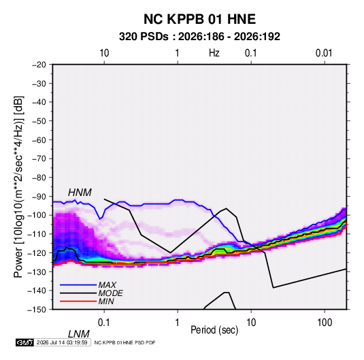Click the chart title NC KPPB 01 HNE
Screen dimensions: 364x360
[x=199, y=19]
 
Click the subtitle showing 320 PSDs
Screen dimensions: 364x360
[x=199, y=37]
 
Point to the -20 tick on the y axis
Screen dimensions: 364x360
[x=39, y=65]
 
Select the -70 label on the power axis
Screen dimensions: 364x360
[x=39, y=159]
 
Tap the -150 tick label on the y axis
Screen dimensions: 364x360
[x=37, y=310]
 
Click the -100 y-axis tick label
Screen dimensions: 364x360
[x=37, y=215]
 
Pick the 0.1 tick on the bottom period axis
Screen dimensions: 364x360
[x=103, y=323]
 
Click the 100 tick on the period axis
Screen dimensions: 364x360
[x=325, y=323]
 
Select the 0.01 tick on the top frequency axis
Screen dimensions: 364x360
[x=324, y=53]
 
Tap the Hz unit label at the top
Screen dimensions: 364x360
[x=214, y=53]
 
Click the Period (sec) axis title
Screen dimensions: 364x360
[x=214, y=330]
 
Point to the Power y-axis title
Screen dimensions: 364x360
[x=18, y=187]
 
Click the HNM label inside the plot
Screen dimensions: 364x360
[x=80, y=193]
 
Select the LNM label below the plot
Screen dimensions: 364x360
[x=79, y=334]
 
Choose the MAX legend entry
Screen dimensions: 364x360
[x=107, y=285]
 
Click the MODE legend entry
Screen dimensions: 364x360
[x=110, y=293]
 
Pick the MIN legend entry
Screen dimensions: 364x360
[x=106, y=301]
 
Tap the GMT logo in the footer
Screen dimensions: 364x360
[x=24, y=342]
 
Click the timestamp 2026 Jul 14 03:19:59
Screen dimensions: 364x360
[x=62, y=342]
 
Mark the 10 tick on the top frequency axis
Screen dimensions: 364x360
[x=104, y=53]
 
